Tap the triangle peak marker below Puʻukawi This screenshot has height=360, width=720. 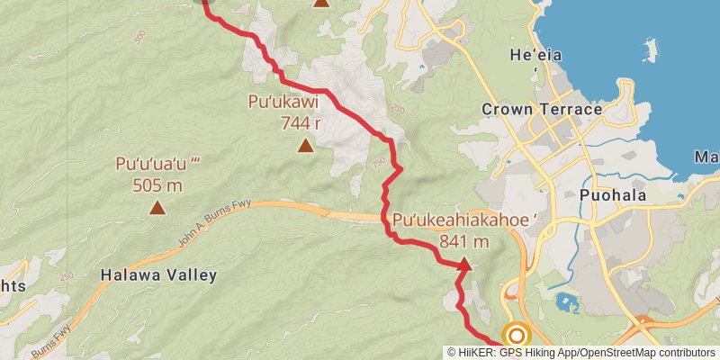[x=305, y=145]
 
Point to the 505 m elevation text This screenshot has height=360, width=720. [x=157, y=185]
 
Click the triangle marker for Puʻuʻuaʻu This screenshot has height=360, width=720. [x=157, y=208]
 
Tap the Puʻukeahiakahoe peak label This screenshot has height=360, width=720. [x=463, y=220]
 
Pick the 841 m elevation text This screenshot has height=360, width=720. [x=463, y=241]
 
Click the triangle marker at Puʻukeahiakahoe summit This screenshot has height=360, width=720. [x=463, y=265]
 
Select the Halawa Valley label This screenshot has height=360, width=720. [x=158, y=275]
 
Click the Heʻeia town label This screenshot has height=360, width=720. [x=535, y=55]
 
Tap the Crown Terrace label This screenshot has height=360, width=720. [x=542, y=110]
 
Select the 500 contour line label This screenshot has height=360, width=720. [x=139, y=37]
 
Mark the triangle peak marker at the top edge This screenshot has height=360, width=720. [x=321, y=3]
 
